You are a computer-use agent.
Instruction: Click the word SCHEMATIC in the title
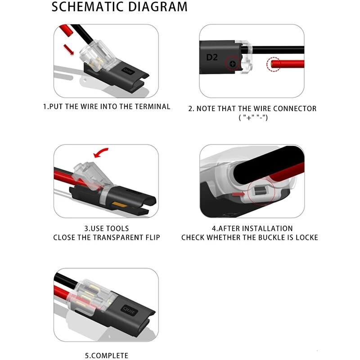click(x=88, y=7)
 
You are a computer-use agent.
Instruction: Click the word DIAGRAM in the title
click(x=158, y=7)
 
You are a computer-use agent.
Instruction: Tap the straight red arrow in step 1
click(x=69, y=49)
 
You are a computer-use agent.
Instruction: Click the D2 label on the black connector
click(x=211, y=57)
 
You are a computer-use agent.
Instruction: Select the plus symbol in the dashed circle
click(x=233, y=63)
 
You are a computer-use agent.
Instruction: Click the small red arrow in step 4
click(x=238, y=194)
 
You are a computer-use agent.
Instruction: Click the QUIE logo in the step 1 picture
click(x=128, y=71)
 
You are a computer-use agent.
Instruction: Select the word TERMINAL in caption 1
click(x=153, y=107)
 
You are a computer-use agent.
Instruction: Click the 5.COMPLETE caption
click(x=107, y=355)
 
